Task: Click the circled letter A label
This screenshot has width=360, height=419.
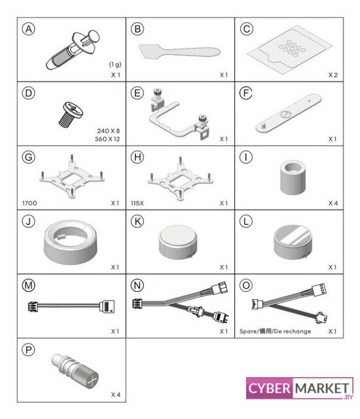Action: [x=29, y=29]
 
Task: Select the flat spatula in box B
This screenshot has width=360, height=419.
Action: [x=179, y=51]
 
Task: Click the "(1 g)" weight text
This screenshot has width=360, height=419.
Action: [x=115, y=64]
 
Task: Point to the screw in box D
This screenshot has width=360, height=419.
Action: [x=71, y=115]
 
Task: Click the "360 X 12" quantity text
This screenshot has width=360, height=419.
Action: [x=107, y=139]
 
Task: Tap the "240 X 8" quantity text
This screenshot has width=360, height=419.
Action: [x=109, y=131]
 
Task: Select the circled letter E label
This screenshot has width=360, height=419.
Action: [x=137, y=93]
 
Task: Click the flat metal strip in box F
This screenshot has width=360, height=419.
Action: [x=289, y=113]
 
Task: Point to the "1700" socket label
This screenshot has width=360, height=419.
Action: [x=29, y=203]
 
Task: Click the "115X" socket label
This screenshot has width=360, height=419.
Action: [x=137, y=203]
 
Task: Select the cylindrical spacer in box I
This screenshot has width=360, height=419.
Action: [x=293, y=177]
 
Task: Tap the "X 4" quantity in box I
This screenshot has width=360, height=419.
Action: [x=333, y=203]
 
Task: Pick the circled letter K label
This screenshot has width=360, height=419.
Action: [x=137, y=221]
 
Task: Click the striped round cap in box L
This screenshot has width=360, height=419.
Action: [x=293, y=242]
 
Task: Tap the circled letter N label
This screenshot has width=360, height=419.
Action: [x=137, y=285]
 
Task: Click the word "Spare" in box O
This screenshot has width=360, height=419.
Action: [x=248, y=331]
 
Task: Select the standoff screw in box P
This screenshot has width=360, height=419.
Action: [x=75, y=370]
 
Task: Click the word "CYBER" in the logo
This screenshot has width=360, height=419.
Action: [x=269, y=388]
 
